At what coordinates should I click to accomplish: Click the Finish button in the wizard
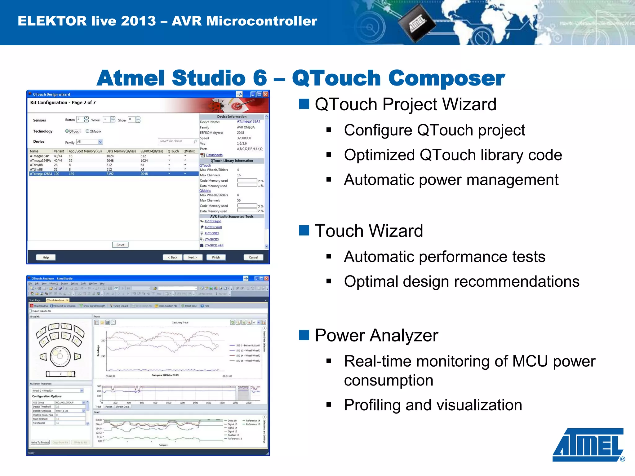click(x=216, y=257)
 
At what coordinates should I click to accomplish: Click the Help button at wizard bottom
click(x=46, y=257)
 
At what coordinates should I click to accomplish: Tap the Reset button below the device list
click(x=120, y=245)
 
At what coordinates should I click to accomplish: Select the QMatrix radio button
click(x=87, y=131)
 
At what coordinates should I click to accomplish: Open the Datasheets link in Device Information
click(x=214, y=155)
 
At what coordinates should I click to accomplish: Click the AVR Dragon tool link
click(x=213, y=221)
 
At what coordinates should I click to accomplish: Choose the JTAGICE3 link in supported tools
click(x=211, y=239)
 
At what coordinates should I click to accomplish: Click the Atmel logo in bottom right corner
click(x=588, y=444)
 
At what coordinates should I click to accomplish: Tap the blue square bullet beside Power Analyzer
click(x=304, y=335)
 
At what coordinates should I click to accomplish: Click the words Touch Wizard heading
click(x=369, y=231)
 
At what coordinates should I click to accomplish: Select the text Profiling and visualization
click(x=433, y=405)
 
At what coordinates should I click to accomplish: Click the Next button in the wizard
click(x=193, y=257)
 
